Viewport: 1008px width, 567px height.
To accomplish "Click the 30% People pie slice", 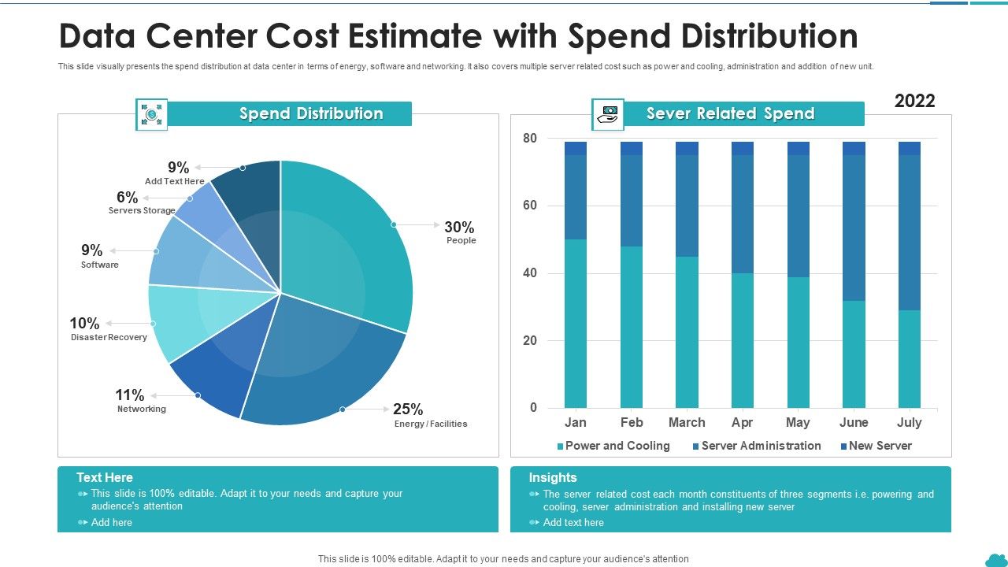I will [x=354, y=236].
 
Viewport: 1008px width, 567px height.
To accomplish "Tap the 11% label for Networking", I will [x=130, y=395].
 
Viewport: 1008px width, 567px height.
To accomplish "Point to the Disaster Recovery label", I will [x=109, y=337].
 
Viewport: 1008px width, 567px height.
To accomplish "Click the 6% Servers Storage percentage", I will [x=127, y=198].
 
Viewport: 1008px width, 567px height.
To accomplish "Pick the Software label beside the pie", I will [x=100, y=265].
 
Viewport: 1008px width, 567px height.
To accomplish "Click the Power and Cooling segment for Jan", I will [x=576, y=323].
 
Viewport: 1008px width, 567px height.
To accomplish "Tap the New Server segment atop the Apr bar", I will [x=743, y=148].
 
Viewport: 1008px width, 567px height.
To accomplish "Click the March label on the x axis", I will [x=687, y=423].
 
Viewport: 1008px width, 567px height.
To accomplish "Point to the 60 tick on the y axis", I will [x=529, y=206].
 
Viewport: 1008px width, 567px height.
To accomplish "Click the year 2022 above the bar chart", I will [x=915, y=101].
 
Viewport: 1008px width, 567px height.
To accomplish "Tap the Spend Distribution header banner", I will [x=311, y=113].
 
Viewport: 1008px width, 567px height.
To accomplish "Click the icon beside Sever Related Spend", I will [x=608, y=114].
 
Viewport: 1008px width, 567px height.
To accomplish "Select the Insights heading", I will [x=553, y=477].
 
